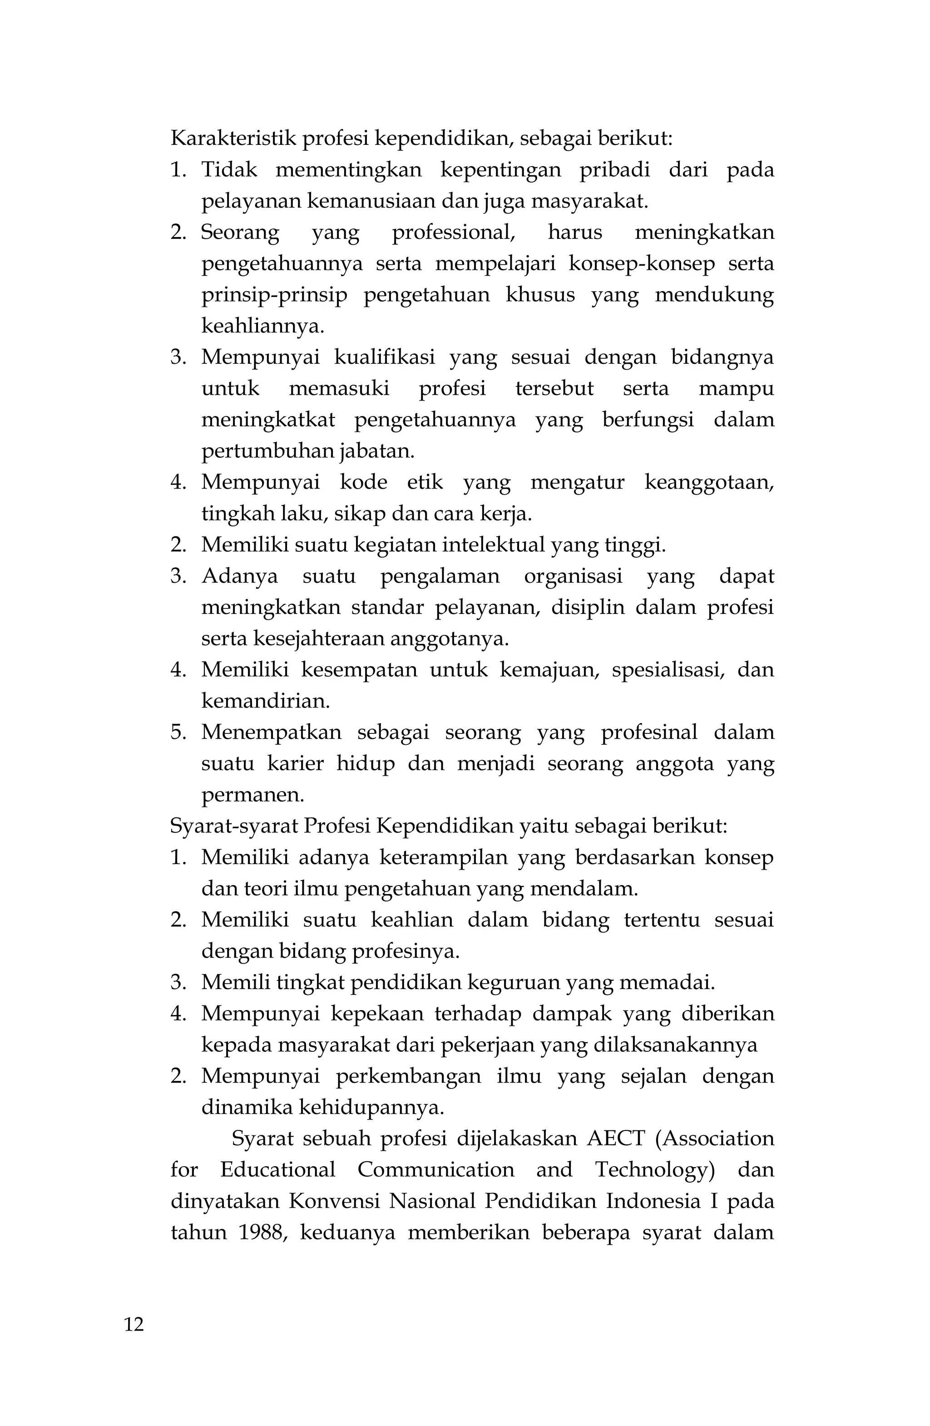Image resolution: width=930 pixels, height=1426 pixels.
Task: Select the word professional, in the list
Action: [454, 233]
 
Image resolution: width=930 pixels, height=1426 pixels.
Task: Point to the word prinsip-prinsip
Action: [274, 295]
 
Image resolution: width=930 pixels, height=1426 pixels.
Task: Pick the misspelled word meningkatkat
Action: [268, 420]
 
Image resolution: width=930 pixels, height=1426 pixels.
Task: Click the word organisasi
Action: [573, 576]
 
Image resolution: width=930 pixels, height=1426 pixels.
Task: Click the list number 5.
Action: [178, 732]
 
